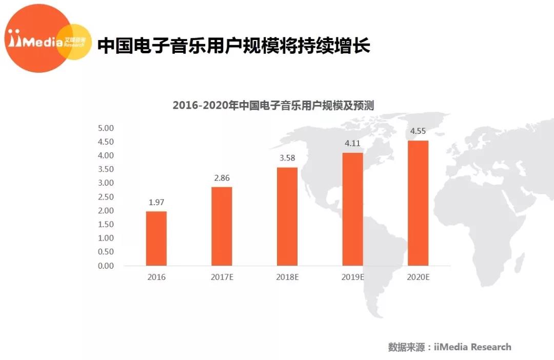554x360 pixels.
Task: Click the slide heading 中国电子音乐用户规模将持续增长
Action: click(234, 46)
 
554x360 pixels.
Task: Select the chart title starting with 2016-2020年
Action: click(273, 106)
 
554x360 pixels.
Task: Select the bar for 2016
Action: click(156, 238)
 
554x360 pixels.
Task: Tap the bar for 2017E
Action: click(222, 226)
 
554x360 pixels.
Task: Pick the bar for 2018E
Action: click(287, 216)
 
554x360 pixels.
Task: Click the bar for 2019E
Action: click(352, 209)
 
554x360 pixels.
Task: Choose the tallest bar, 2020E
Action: click(418, 203)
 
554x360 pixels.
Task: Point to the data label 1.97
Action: click(156, 203)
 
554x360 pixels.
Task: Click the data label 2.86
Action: click(222, 178)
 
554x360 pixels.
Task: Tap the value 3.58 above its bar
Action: click(287, 158)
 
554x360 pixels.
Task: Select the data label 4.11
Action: click(352, 144)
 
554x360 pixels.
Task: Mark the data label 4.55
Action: click(418, 131)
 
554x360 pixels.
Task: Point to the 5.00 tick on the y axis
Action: click(106, 128)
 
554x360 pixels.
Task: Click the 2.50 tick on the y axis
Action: click(106, 197)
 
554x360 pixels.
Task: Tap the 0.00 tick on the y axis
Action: click(106, 266)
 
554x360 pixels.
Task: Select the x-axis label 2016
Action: click(156, 277)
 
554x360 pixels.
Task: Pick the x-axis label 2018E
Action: click(287, 277)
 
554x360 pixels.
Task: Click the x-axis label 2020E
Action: click(418, 277)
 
